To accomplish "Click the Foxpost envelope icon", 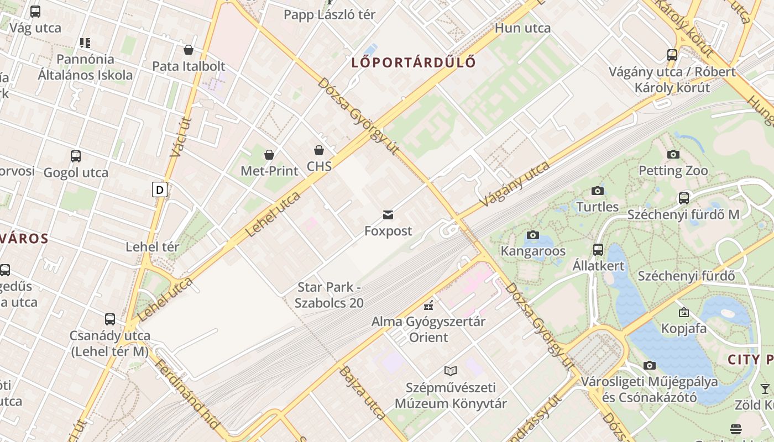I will coord(388,214).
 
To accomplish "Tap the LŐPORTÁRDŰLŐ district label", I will coord(414,62).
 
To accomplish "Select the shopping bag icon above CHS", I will coord(319,150).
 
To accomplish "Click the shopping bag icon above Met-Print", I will coord(269,155).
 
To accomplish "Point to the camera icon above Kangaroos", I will coord(533,235).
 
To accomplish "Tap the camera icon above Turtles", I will coord(598,191).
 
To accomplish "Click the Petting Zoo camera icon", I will coord(673,154).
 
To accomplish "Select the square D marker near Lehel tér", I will coord(160,190).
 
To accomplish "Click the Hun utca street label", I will coord(522,28).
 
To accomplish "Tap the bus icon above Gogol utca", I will coord(76,156).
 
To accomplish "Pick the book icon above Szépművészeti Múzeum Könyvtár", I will coord(451,371).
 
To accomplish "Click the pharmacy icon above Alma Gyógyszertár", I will coord(428,305).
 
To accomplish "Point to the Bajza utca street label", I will coord(362,392).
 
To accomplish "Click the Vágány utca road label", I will coord(515,184).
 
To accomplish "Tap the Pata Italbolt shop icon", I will coord(189,50).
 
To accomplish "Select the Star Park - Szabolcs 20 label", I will coord(329,295).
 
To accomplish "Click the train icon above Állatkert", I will coord(598,249).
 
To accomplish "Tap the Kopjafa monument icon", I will coord(684,312).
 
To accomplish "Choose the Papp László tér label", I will coord(330,15).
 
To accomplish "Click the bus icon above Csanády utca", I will coord(110,319).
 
